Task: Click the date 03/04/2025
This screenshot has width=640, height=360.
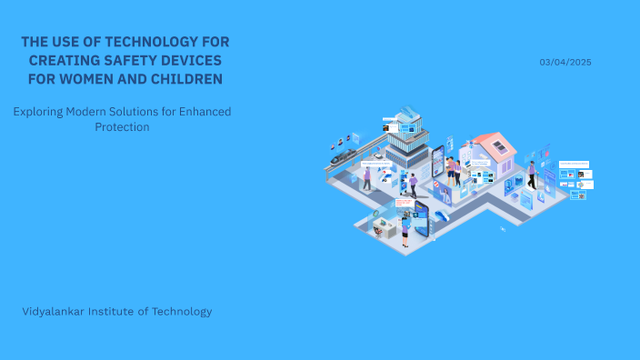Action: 565,62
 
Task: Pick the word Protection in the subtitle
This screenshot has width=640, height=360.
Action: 122,127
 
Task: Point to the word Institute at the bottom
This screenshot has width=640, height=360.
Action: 122,311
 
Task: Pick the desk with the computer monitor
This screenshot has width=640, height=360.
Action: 385,226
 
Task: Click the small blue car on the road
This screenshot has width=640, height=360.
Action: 442,215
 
